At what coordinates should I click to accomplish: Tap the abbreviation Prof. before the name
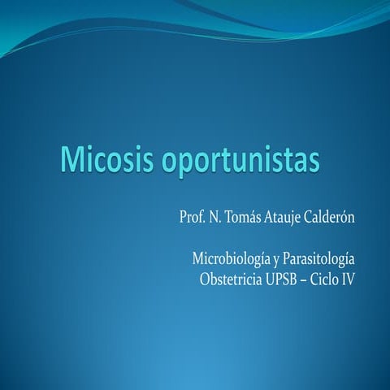coord(193,220)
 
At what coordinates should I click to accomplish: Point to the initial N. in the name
coord(216,220)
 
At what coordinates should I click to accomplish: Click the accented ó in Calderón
coord(345,220)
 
